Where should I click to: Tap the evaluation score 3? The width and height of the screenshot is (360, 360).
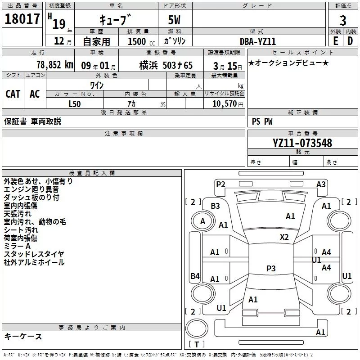[343, 20]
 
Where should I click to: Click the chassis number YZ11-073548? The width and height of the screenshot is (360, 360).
[302, 143]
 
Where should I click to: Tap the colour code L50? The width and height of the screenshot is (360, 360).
[75, 103]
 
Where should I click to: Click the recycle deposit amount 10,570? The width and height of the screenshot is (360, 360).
[224, 103]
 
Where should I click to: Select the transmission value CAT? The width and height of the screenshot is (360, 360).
[13, 94]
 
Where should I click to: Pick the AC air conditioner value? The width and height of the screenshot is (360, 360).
[35, 94]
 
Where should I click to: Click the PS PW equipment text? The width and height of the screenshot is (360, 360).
[262, 121]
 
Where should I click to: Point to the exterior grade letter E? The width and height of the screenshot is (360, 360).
[335, 40]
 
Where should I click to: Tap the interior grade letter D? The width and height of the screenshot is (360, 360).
[350, 40]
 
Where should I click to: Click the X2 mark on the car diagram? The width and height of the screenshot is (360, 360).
[284, 237]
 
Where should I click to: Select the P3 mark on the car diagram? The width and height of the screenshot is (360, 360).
[271, 269]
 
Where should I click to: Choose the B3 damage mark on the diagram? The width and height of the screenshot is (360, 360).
[216, 206]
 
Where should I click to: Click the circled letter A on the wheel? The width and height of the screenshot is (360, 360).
[202, 221]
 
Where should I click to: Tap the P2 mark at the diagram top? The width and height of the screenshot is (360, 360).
[220, 184]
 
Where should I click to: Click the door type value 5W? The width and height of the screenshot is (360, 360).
[175, 20]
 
